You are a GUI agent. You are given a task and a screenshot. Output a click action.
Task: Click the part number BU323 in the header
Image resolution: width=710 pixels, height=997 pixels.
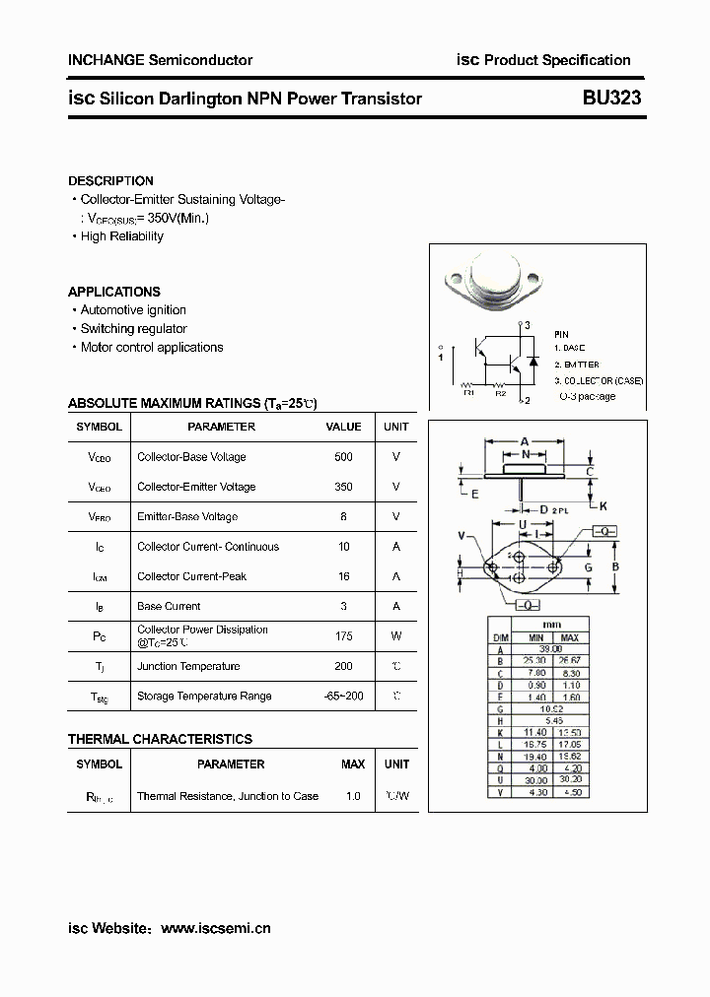(x=611, y=98)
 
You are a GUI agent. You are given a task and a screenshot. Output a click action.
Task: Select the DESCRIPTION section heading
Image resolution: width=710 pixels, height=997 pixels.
(x=110, y=181)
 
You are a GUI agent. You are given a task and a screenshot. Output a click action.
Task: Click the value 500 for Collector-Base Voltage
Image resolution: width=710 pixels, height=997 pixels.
(x=343, y=457)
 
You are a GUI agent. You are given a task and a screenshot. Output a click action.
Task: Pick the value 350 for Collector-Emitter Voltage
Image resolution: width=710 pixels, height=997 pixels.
(x=343, y=487)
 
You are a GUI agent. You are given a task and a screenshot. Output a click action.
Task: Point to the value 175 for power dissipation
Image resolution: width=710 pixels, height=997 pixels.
(x=343, y=636)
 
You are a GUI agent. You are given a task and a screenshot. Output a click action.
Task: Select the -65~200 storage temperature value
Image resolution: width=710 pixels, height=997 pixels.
(x=343, y=696)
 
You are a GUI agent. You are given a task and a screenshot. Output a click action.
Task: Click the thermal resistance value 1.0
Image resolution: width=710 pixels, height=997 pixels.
(x=353, y=796)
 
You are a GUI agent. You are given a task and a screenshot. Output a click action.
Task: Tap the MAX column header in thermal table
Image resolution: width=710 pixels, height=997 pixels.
(x=353, y=764)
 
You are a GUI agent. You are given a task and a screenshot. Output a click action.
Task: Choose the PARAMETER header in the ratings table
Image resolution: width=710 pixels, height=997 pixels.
(x=221, y=427)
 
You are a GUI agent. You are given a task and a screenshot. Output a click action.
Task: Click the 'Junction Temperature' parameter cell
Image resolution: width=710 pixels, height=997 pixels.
(x=188, y=667)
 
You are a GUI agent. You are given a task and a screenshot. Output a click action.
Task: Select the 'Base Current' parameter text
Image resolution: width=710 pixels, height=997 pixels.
(x=169, y=607)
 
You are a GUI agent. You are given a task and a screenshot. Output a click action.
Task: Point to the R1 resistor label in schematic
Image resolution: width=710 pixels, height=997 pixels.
(x=469, y=393)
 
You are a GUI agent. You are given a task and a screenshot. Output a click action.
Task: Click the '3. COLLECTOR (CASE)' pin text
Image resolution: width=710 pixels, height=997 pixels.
(x=599, y=380)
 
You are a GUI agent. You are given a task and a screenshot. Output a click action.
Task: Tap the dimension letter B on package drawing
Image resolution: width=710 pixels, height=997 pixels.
(x=615, y=566)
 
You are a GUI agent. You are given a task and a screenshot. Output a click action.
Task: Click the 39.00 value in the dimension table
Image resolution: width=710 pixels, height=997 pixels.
(x=550, y=649)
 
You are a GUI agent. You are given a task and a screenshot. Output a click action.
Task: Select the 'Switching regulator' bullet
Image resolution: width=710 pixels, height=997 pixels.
(x=133, y=329)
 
